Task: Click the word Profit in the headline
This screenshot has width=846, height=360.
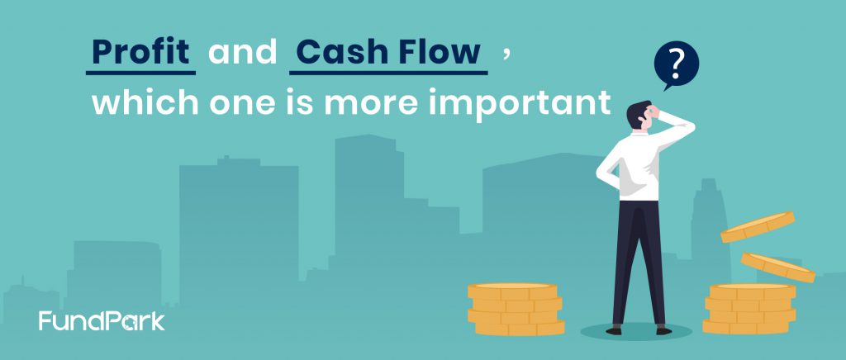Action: (x=140, y=52)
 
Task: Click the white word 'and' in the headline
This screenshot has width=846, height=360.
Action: (x=242, y=52)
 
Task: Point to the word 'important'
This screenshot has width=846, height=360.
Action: (x=523, y=103)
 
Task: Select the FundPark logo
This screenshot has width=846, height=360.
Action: (x=102, y=320)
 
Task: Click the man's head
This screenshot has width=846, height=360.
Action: (x=641, y=115)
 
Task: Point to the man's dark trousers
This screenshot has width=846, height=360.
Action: (x=639, y=263)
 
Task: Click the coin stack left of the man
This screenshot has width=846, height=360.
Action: (x=516, y=310)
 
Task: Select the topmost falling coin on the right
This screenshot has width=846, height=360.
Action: (x=758, y=226)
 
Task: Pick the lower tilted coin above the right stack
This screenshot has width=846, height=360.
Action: (x=778, y=268)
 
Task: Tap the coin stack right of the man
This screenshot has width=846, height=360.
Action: (x=750, y=310)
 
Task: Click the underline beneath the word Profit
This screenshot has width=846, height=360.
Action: (x=140, y=73)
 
